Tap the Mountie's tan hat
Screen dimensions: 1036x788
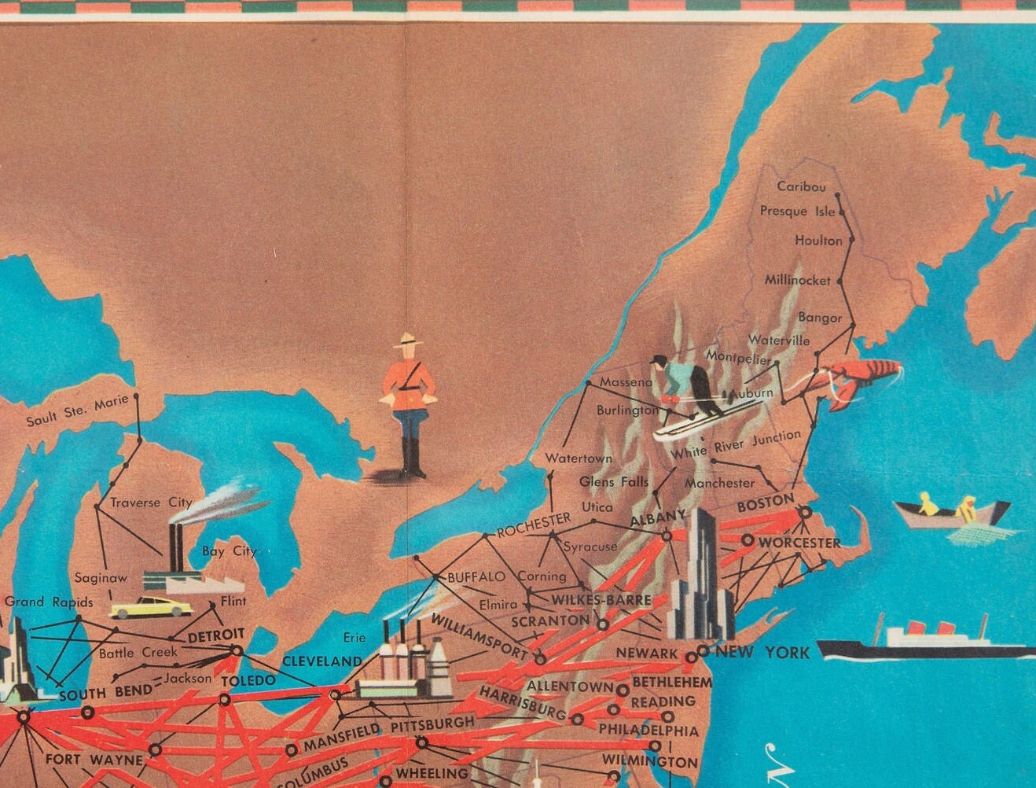[x=408, y=341]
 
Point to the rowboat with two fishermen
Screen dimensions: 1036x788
[x=951, y=514]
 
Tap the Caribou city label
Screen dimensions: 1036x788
[x=801, y=186]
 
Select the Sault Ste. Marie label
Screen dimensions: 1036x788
[x=77, y=411]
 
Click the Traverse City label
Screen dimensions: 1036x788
[x=151, y=502]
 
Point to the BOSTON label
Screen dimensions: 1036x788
[x=766, y=502]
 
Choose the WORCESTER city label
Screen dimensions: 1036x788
[x=799, y=543]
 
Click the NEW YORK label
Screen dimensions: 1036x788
[x=762, y=652]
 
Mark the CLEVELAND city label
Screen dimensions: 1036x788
[x=321, y=661]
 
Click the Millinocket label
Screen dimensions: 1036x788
[x=797, y=280]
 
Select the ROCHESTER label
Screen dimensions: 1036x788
[x=534, y=525]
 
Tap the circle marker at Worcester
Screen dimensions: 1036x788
[x=747, y=541]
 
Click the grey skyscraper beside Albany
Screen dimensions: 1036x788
[x=700, y=574]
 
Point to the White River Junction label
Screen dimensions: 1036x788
[x=736, y=445]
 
